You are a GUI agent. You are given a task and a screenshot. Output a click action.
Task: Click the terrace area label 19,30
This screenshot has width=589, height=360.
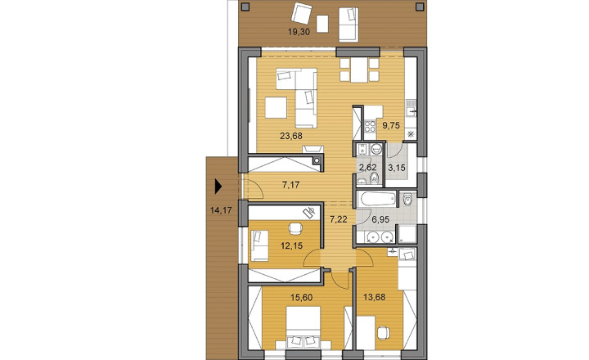coord(299,32)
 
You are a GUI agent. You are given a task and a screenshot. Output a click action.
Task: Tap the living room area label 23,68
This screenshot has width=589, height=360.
coord(291,136)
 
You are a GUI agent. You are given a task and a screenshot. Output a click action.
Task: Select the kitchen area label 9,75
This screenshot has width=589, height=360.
coord(391,125)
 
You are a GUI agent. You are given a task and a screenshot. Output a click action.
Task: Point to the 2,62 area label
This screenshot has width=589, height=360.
coord(368,168)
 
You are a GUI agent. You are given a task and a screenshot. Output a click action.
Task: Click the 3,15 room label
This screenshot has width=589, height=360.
coord(397,168)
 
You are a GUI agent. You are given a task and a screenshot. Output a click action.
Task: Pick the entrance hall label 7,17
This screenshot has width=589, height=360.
coord(290,185)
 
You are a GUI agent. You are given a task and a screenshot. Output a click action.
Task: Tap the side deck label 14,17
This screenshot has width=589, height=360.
coord(221,210)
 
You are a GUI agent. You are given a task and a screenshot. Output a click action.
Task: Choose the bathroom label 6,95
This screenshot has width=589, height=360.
coord(380,219)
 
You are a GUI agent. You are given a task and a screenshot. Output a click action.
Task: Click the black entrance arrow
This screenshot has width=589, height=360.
coord(218,187)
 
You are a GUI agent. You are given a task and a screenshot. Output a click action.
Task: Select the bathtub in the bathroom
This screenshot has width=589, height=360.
coord(377,199)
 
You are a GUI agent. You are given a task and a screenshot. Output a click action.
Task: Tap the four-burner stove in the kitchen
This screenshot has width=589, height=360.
coord(370,126)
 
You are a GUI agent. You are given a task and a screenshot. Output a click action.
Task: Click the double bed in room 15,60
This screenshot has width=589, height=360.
coord(303,328)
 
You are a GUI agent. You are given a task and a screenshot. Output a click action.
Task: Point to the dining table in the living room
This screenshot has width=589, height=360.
coord(359,70)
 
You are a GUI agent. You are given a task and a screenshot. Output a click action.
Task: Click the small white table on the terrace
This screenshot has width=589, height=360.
coord(322,24)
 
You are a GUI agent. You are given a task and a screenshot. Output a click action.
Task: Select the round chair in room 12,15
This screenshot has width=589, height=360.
coord(295,228)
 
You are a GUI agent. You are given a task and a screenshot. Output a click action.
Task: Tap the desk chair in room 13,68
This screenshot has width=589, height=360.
coord(383,332)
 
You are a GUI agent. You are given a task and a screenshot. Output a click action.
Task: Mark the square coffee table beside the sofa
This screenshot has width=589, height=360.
coord(277,108)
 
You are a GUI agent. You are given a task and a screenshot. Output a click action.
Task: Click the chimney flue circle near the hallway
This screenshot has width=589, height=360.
coord(317,160)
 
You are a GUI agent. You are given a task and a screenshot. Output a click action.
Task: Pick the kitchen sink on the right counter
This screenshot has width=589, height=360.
coord(411,111)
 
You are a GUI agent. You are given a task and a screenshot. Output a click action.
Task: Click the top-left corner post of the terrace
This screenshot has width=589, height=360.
coord(245,6)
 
